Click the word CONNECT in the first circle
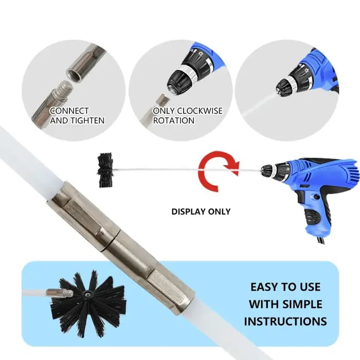(x=69, y=111)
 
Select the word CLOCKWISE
(x=200, y=111)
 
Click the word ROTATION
(x=174, y=120)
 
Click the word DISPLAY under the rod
(x=189, y=211)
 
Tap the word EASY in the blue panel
(x=264, y=287)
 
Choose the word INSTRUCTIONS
(x=285, y=321)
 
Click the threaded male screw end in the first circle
(x=62, y=92)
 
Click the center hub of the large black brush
(x=87, y=294)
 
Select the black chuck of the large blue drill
(x=267, y=170)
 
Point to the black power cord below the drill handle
(x=321, y=240)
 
